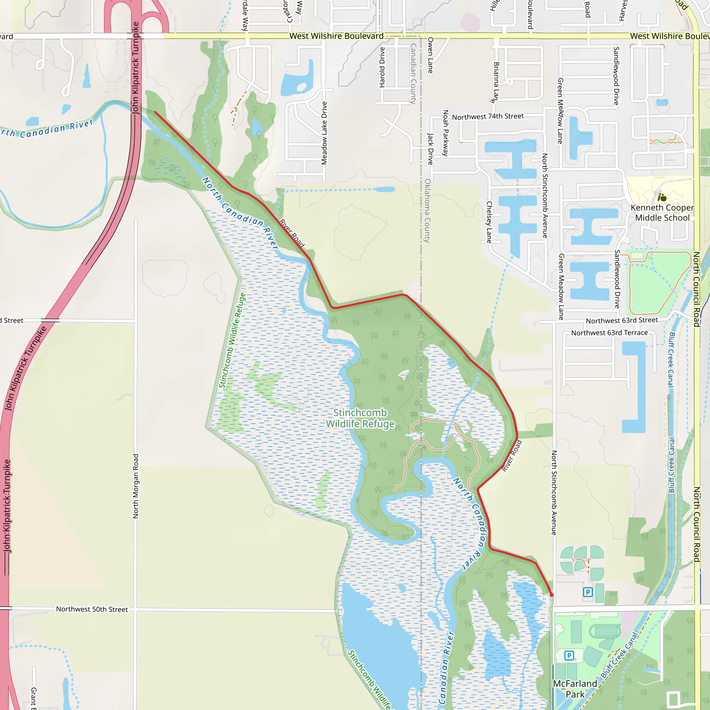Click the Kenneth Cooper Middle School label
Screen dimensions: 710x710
662,213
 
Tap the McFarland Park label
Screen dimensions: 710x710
575,689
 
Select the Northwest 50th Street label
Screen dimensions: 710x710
92,609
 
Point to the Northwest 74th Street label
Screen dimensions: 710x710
488,116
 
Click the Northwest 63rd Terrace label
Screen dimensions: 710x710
609,332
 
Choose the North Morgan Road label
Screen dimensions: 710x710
136,486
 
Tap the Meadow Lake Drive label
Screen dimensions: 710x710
324,133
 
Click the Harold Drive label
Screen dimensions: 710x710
382,67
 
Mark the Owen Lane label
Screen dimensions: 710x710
430,55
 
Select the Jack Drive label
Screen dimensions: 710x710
430,149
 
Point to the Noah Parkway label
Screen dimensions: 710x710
446,133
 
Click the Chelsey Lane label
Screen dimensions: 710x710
489,222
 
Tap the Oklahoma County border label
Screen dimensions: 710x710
427,210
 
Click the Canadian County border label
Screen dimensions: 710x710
413,73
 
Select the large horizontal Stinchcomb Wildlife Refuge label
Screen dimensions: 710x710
360,418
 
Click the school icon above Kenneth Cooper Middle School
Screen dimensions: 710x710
662,197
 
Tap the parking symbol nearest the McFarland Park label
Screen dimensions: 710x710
569,655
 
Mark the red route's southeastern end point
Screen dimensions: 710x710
551,595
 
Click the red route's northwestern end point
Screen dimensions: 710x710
155,112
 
